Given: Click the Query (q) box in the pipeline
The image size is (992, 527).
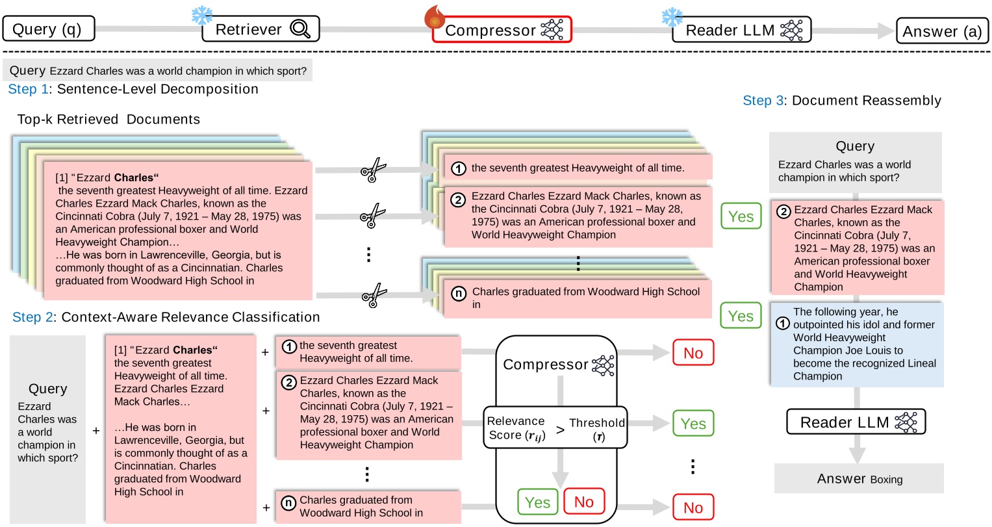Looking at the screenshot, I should click(x=49, y=29).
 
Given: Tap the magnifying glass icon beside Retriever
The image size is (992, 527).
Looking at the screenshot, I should click(x=300, y=29).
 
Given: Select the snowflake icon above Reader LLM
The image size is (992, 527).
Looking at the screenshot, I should click(x=672, y=17).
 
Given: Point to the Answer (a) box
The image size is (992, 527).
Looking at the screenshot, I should click(x=942, y=31).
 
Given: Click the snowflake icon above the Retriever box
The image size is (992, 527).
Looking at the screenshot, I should click(x=202, y=16).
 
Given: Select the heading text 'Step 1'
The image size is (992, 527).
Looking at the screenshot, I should click(x=27, y=89).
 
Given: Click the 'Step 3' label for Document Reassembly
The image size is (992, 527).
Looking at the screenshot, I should click(x=763, y=101).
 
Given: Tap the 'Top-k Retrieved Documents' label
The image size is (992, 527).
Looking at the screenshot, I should click(x=108, y=120).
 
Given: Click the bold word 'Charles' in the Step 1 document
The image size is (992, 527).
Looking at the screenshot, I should click(x=134, y=177).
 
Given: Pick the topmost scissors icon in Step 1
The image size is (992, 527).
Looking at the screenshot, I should click(x=374, y=171).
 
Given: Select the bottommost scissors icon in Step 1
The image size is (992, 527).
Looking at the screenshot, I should click(x=374, y=296).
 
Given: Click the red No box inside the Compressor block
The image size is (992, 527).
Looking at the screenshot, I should click(x=583, y=502).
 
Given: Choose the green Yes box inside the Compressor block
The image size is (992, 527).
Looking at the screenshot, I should click(x=537, y=502).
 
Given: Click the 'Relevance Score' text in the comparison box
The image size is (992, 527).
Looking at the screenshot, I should click(x=516, y=428).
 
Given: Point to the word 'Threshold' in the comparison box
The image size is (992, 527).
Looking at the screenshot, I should click(x=597, y=423).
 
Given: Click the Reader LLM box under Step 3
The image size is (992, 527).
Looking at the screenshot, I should click(x=856, y=422).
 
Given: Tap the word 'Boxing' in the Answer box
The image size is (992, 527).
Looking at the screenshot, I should click(x=886, y=480).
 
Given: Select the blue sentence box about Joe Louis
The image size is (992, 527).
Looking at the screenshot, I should click(x=857, y=344).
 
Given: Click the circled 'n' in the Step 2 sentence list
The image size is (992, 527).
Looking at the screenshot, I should click(x=288, y=502).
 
